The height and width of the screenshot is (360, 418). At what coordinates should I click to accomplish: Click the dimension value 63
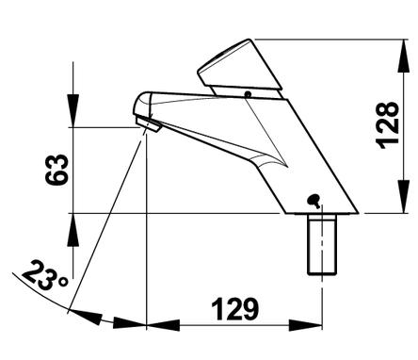point(56,170)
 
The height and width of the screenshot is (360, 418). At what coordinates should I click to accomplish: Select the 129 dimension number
point(235,309)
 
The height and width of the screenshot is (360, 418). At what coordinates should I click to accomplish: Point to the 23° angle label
point(44,276)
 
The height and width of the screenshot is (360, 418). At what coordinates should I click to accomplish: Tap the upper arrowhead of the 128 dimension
point(403,57)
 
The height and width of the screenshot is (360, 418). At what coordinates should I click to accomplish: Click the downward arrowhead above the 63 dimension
point(73,110)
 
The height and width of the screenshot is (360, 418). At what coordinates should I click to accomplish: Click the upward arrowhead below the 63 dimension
point(73,230)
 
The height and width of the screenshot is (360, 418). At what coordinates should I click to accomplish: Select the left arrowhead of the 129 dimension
point(163,325)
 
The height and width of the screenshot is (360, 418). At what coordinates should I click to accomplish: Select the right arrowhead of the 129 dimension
point(306,325)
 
